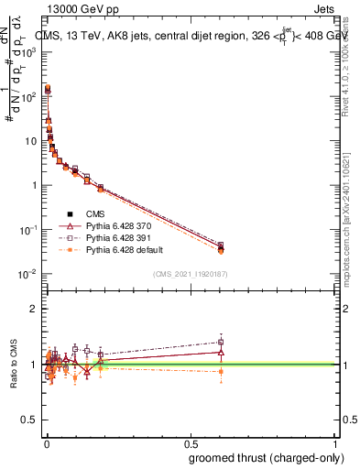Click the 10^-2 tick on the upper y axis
click(x=30, y=274)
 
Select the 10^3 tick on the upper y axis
click(x=30, y=52)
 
